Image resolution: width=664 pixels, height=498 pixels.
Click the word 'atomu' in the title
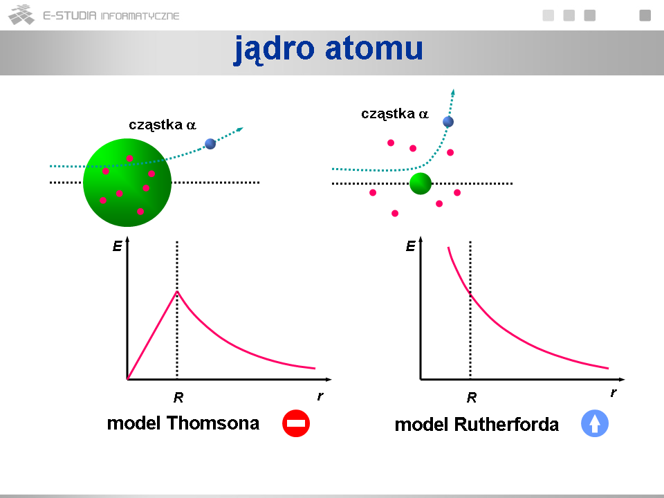pos(374,48)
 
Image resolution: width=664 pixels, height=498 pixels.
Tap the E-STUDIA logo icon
pos(21,15)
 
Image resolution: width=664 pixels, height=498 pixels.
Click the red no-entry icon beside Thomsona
pos(296,423)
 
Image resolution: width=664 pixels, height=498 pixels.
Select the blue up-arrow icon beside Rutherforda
pos(595,423)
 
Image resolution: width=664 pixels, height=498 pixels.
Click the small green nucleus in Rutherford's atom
pos(421,183)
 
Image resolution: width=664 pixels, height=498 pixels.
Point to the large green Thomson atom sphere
pos(127,183)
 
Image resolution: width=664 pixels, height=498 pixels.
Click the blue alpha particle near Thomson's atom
pos(210,144)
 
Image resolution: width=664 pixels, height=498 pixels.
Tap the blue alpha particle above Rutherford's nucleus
pos(448,122)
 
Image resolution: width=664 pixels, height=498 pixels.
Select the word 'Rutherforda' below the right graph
pos(506,424)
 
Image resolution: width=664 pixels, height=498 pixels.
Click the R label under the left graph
pos(178,398)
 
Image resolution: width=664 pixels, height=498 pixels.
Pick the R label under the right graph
pos(472,398)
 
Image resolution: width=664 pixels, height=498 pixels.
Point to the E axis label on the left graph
pos(118,246)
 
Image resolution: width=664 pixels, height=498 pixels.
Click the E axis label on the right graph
pos(411,246)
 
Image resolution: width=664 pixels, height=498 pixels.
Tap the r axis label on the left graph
pos(320,396)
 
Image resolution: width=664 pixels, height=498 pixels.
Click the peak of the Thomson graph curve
pos(177,291)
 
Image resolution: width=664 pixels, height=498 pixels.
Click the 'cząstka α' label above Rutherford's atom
pos(395,114)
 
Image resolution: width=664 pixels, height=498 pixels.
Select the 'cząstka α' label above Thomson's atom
pos(162,125)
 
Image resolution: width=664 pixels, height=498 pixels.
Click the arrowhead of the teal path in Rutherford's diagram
pos(453,92)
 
